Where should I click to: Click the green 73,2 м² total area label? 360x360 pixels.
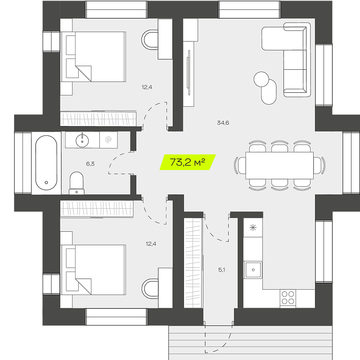[x=188, y=162]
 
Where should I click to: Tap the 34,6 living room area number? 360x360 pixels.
[x=223, y=123]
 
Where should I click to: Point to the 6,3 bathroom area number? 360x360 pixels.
[x=90, y=164]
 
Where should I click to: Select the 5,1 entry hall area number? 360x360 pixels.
[x=221, y=270]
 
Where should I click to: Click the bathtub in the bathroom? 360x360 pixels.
[x=46, y=163]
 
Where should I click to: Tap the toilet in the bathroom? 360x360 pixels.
[x=76, y=183]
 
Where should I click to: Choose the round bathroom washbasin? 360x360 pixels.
[x=82, y=140]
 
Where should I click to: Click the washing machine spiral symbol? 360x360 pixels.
[x=108, y=139]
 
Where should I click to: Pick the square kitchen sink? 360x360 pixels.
[x=253, y=270]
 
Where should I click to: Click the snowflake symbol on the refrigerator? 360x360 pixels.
[x=253, y=228]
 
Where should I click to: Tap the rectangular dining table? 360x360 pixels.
[x=279, y=165]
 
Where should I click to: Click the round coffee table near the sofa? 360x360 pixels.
[x=261, y=79]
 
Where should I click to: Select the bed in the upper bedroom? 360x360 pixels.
[x=94, y=57]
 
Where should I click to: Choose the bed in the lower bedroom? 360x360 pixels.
[x=94, y=270]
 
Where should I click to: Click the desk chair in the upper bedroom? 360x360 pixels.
[x=150, y=40]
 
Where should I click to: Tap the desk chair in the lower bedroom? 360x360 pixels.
[x=150, y=288]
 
